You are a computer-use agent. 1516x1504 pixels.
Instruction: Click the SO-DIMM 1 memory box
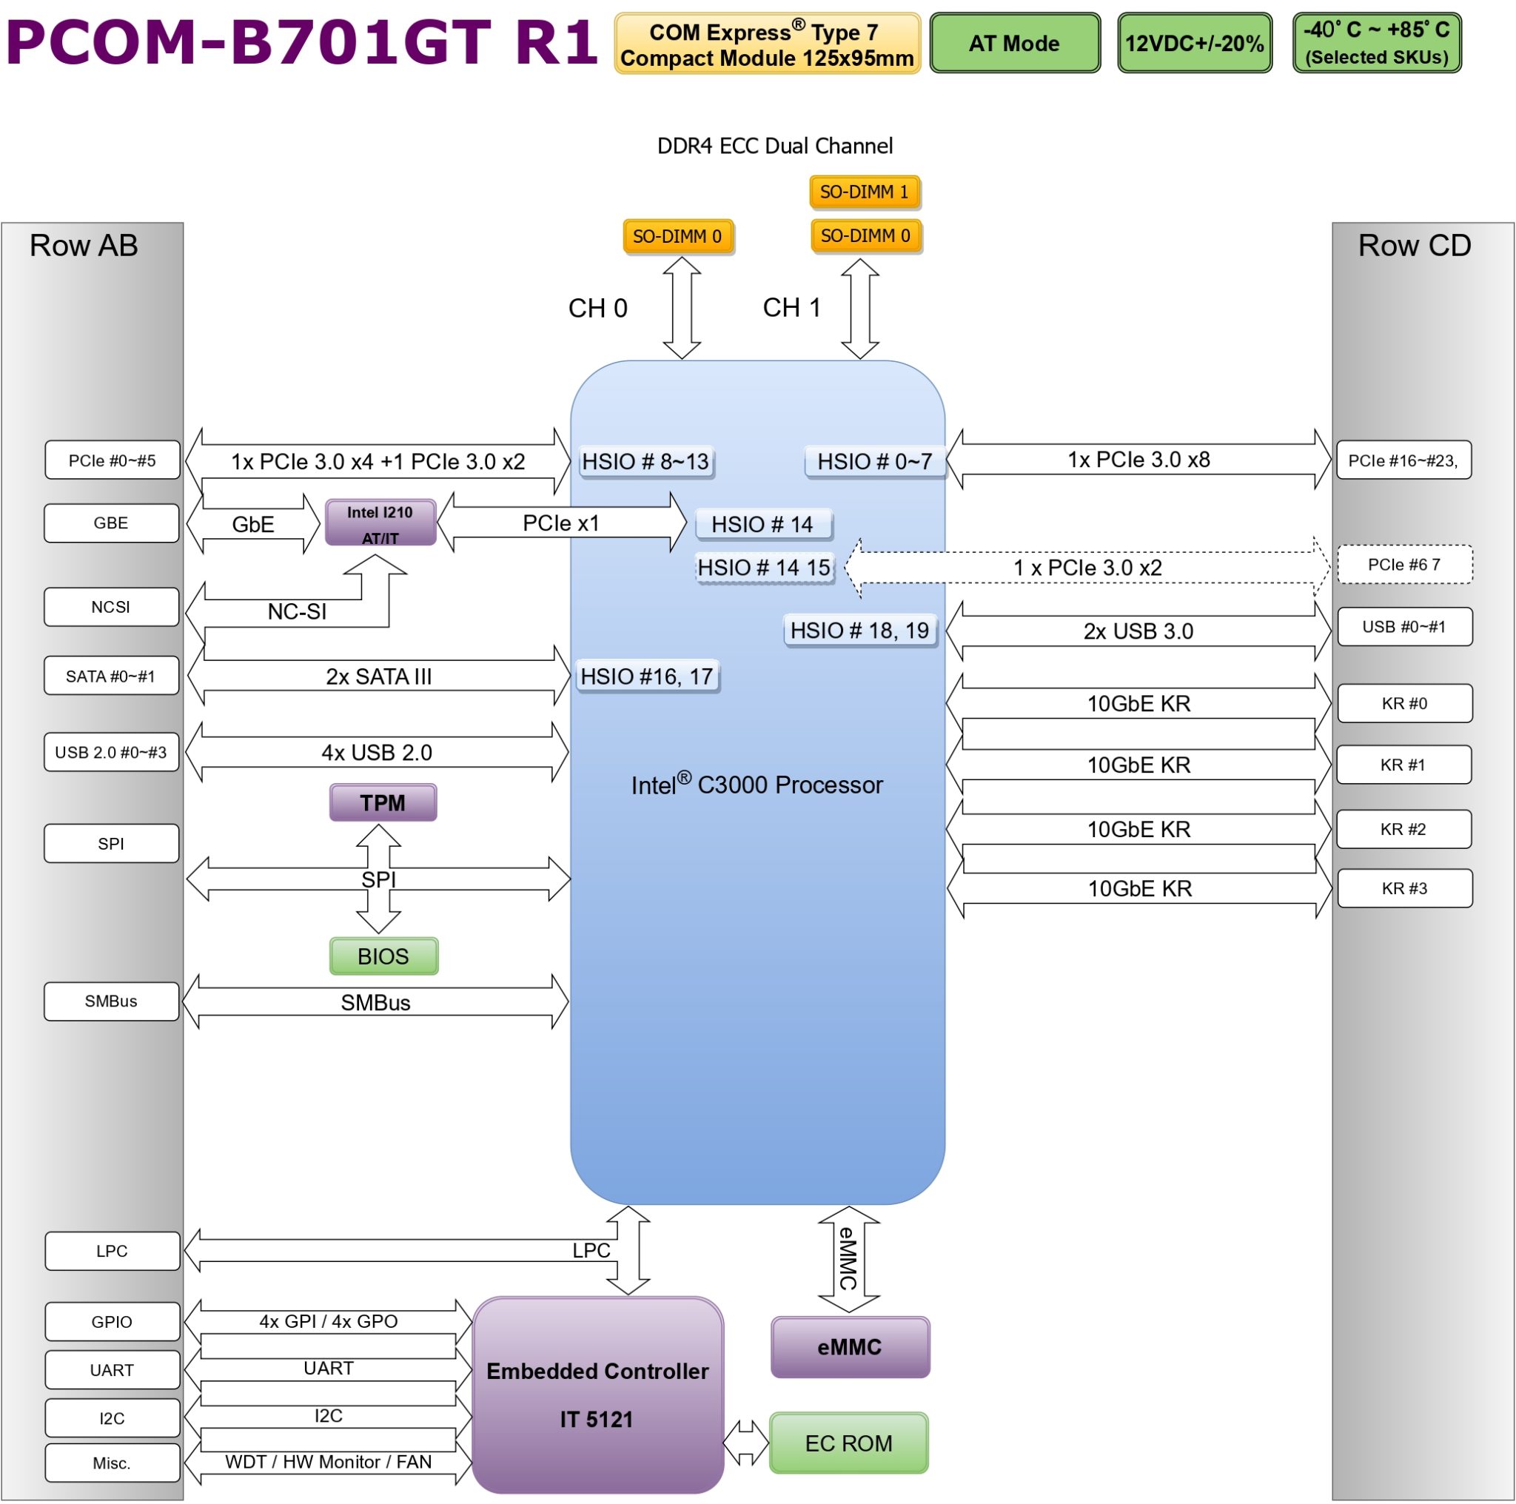[x=864, y=192]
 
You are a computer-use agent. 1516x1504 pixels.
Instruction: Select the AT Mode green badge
[x=1015, y=43]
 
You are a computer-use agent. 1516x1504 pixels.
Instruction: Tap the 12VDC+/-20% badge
[x=1194, y=43]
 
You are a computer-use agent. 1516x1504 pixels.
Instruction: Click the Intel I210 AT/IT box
[x=380, y=523]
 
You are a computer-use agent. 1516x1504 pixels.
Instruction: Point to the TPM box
[x=383, y=802]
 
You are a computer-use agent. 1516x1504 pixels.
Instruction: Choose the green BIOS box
[x=383, y=956]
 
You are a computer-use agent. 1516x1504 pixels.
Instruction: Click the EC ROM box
[x=849, y=1443]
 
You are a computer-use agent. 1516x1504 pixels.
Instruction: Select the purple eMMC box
[x=851, y=1347]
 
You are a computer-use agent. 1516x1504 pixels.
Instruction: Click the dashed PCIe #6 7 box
[x=1404, y=565]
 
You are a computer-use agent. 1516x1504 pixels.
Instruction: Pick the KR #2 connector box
[x=1403, y=829]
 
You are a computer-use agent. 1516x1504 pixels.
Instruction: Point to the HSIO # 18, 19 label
[x=860, y=631]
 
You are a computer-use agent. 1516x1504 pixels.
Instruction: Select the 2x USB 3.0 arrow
[x=1138, y=631]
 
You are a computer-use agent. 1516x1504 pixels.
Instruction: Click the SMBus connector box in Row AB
[x=112, y=1001]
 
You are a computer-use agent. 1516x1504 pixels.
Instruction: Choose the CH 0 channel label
[x=598, y=309]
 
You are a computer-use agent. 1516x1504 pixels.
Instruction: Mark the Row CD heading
[x=1415, y=246]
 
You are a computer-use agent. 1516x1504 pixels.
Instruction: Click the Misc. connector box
[x=113, y=1463]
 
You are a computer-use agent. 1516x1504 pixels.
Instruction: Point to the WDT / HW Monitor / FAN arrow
[x=329, y=1463]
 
